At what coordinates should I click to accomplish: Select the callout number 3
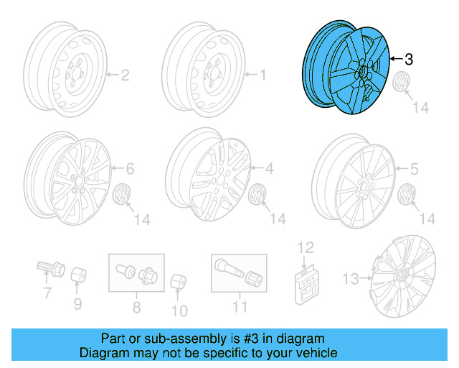point(409,59)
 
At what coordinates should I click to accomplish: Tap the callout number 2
point(123,75)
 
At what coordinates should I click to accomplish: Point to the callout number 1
point(262,75)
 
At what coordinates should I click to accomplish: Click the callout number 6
point(130,170)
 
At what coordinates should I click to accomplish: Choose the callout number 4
point(270,170)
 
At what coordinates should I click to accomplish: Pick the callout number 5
point(414,170)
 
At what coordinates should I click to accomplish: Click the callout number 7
point(47,293)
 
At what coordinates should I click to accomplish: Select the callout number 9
point(78,303)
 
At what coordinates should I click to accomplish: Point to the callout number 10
point(179,310)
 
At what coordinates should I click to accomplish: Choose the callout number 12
point(306,248)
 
